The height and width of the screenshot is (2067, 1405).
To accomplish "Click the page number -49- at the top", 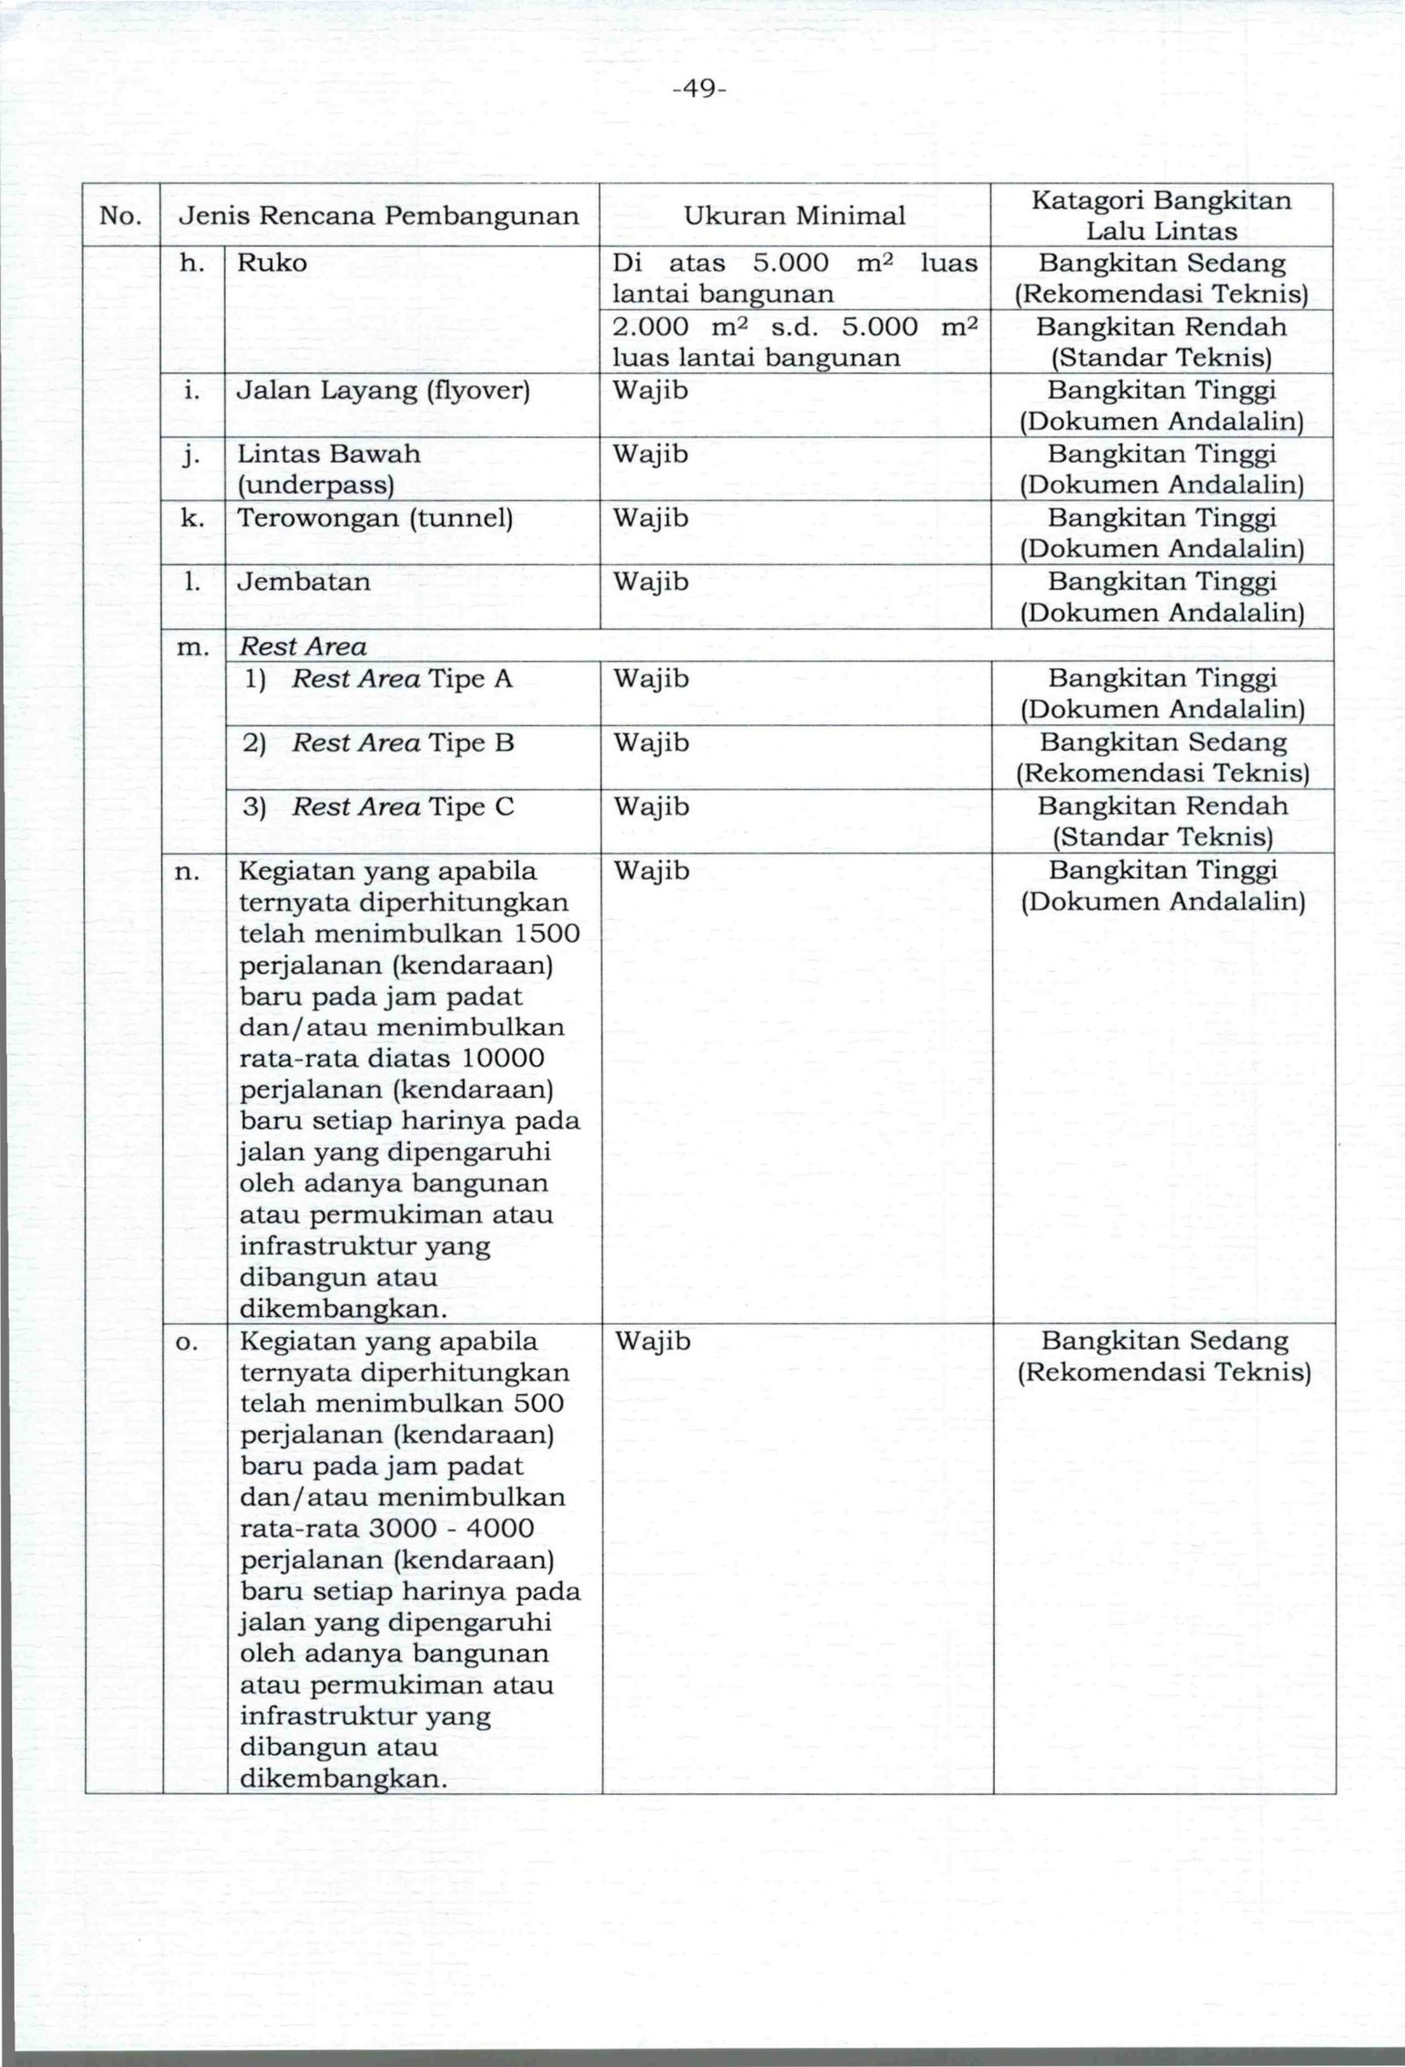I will (x=701, y=89).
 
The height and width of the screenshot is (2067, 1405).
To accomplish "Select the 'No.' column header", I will (x=119, y=215).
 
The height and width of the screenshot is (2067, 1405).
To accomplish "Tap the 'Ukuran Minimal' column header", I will (x=794, y=215).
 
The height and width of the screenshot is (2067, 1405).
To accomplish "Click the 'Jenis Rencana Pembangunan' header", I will (x=378, y=215).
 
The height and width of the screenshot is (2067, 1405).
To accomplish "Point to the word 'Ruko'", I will (x=272, y=263).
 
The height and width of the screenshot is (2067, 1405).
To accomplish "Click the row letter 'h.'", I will (x=192, y=263).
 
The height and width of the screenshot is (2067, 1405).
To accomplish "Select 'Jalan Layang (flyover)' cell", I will (x=383, y=391).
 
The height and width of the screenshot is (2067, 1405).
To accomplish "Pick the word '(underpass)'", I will (x=315, y=485).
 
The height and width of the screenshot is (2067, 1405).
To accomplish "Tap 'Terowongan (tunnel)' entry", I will (x=375, y=518).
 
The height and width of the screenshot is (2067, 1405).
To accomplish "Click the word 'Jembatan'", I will (x=303, y=581).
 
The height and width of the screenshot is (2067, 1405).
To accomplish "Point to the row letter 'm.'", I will (x=193, y=647).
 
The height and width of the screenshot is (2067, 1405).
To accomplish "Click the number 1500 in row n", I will (x=545, y=934).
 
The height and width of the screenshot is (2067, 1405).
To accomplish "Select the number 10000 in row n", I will (x=503, y=1058).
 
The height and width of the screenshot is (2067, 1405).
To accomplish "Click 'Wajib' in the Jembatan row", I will (x=651, y=581).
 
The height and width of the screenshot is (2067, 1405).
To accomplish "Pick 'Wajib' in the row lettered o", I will (x=652, y=1341).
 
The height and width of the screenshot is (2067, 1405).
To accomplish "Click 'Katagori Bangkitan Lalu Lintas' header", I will (x=1162, y=215).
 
